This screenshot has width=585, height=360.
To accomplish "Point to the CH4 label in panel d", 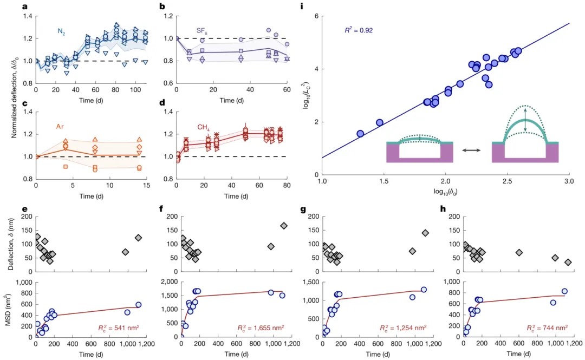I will pyautogui.click(x=204, y=127).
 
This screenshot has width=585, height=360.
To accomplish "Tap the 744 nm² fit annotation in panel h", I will pyautogui.click(x=547, y=328).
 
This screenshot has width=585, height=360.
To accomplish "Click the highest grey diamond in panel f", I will pyautogui.click(x=284, y=226).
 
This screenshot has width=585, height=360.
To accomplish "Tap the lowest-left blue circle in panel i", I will pyautogui.click(x=360, y=133).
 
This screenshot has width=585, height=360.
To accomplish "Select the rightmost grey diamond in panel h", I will pyautogui.click(x=568, y=263).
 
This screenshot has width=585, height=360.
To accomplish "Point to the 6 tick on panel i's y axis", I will pyautogui.click(x=314, y=16).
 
